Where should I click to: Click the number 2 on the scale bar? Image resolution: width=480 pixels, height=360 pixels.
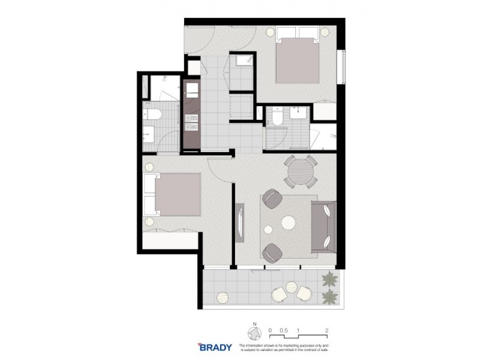coord(326,329)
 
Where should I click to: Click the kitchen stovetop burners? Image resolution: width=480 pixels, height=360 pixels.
coord(192,122)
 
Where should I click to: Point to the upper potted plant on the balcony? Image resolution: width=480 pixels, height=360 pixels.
coord(329,278)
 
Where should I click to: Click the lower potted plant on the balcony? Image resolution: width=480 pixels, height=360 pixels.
coord(329,296)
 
